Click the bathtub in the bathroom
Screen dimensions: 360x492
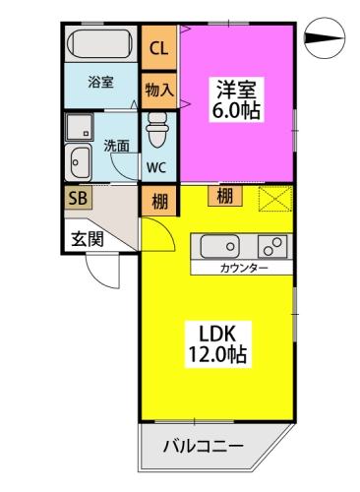coord(100,43)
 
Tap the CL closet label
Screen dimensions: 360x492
coord(158,48)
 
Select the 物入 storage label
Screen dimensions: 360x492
coord(159,90)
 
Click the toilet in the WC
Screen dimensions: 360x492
coord(157,130)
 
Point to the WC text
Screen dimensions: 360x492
coord(156,167)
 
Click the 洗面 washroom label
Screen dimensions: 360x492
coord(117,146)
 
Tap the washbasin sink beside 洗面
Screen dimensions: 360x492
coord(78,162)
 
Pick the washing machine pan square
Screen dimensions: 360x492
coord(79,127)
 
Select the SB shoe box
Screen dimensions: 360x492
coord(78,198)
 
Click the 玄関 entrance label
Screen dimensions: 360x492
coord(88,239)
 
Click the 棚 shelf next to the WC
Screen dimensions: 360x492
coord(160,201)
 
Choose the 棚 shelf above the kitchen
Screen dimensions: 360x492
coord(225,196)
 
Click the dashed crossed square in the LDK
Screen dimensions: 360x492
coord(275,199)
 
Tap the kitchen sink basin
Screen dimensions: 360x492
coord(219,246)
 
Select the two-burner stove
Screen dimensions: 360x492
coord(272,246)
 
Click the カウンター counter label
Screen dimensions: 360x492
coord(244,269)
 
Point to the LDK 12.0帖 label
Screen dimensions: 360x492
coord(217,344)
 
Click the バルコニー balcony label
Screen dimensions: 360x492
coord(204,447)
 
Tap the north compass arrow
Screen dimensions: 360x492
coord(325,38)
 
